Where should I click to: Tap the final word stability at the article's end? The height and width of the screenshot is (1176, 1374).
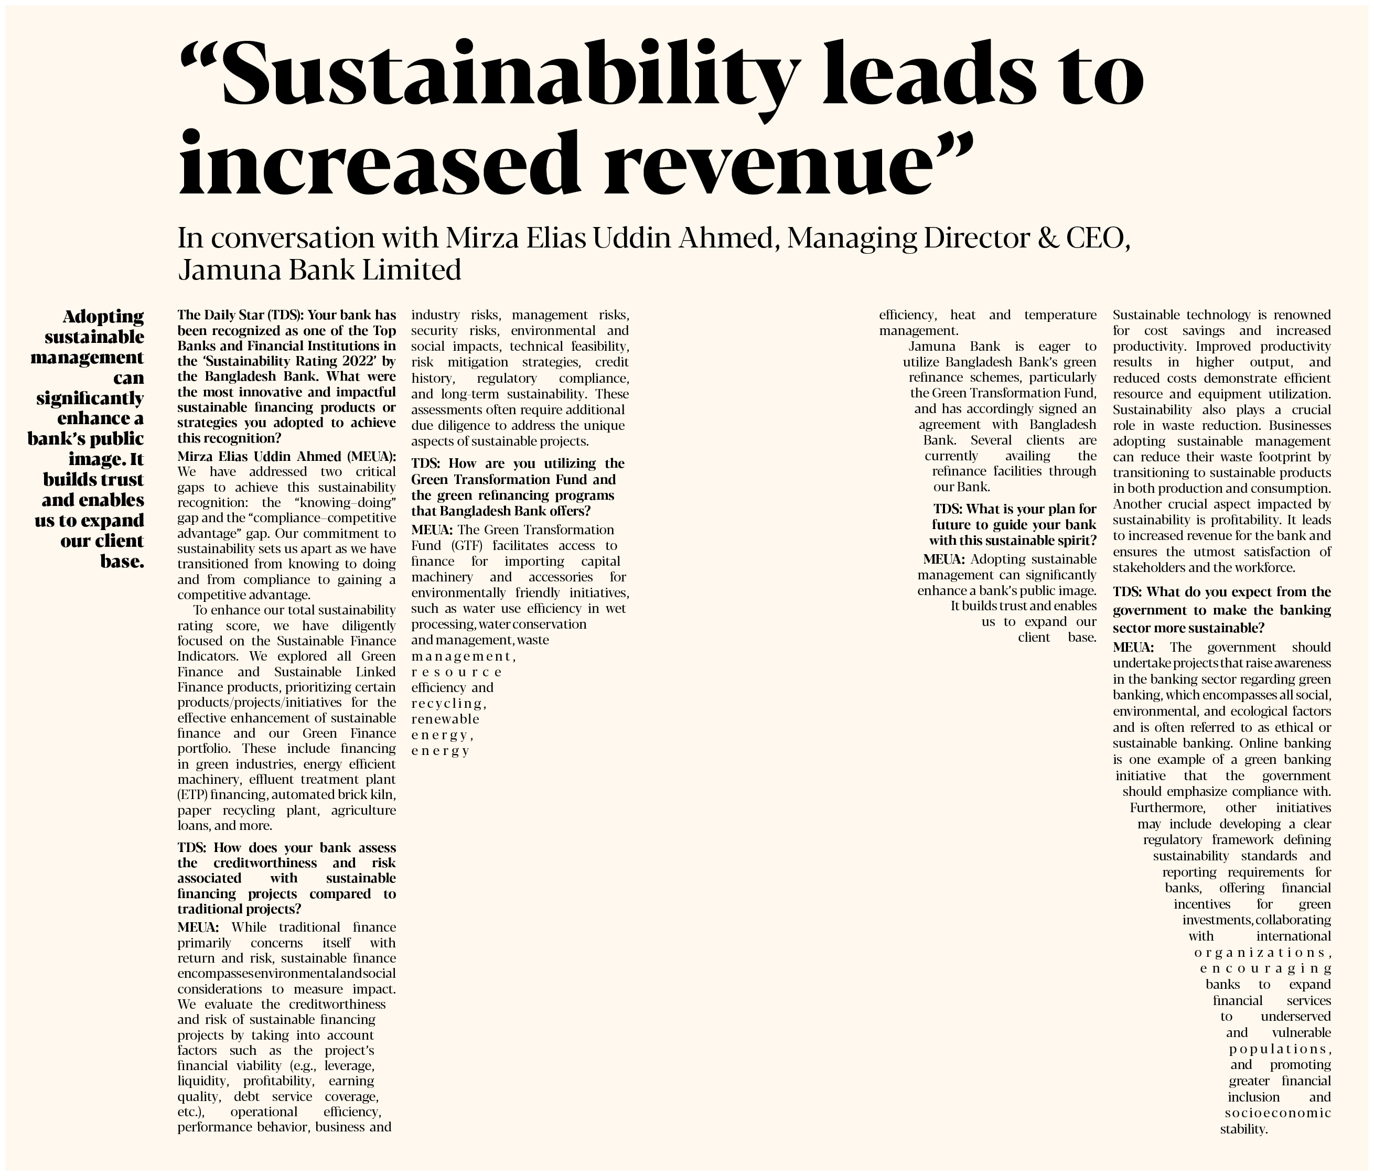click(x=1243, y=1129)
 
